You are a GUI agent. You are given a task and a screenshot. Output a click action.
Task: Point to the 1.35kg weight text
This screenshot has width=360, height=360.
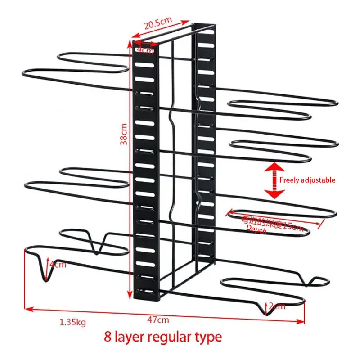(73, 322)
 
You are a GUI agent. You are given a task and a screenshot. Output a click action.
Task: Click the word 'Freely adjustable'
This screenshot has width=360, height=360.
(307, 180)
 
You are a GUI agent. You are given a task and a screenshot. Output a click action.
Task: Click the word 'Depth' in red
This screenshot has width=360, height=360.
(256, 230)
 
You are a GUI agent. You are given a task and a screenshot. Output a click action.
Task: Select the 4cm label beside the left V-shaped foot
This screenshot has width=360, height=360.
(58, 264)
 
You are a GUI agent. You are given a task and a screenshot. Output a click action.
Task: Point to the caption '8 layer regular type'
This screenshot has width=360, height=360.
(163, 337)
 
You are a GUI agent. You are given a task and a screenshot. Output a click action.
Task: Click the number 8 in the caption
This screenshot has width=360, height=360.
(108, 337)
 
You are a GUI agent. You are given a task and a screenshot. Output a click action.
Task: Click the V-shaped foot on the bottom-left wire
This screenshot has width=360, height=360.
(44, 270)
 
